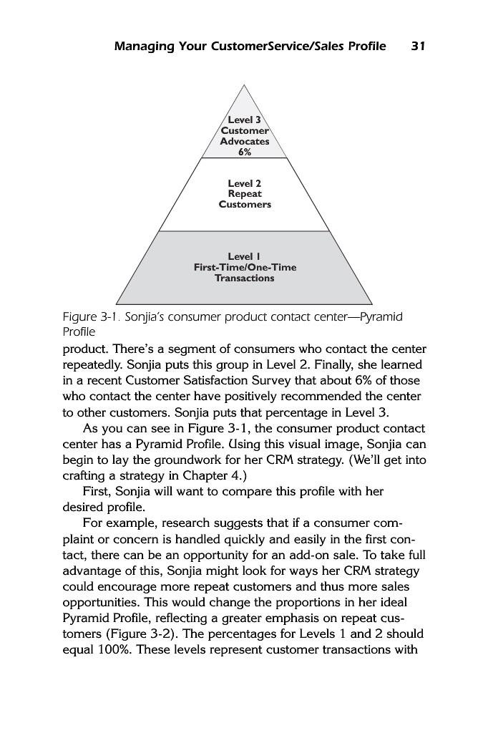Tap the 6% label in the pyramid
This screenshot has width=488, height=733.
245,152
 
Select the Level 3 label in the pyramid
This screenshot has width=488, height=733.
245,120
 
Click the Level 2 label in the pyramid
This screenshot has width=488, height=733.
245,183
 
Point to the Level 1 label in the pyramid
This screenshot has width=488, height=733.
245,256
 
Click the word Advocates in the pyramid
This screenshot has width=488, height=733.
245,141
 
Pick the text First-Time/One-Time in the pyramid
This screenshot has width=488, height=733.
245,267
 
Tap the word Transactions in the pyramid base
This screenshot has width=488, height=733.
245,278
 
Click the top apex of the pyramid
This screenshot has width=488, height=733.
245,85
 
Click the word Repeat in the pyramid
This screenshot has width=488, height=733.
245,194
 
